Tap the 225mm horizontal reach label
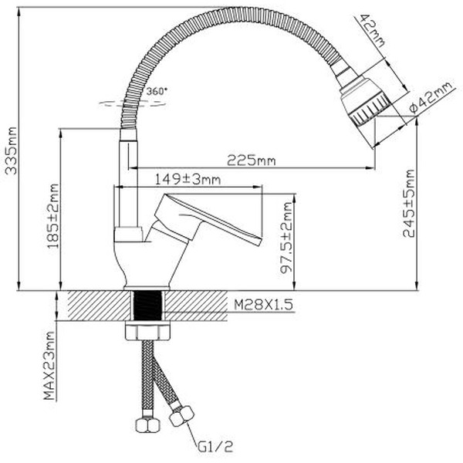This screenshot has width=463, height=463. point(251,161)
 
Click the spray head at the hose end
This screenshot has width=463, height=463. point(363,96)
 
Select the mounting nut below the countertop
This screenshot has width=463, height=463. point(147,332)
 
